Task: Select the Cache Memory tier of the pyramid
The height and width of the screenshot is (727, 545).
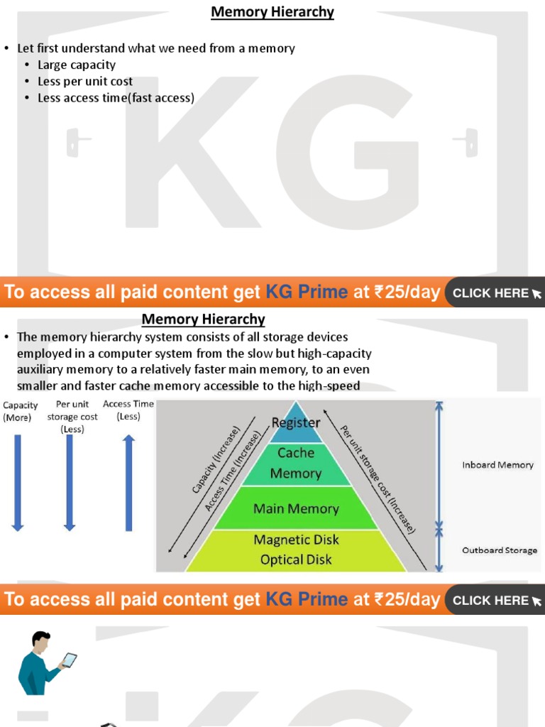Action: [296, 463]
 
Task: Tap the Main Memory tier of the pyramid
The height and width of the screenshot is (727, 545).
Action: [296, 508]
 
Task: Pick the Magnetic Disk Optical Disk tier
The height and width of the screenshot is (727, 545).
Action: [296, 550]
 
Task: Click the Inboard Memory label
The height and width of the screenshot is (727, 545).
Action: [497, 465]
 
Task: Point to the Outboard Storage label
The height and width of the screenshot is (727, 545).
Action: [500, 550]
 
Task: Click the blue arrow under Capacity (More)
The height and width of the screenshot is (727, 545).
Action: [18, 483]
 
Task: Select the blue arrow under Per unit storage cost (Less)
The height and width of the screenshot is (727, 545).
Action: [70, 483]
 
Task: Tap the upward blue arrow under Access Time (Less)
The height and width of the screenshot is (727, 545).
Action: [128, 483]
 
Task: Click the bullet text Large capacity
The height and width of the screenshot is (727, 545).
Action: [77, 65]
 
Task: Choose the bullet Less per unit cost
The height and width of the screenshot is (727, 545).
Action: [85, 82]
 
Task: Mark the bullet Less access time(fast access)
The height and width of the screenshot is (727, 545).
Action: [116, 98]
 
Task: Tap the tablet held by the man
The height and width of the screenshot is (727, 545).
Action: [70, 660]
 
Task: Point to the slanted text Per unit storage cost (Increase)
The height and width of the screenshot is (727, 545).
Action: [377, 479]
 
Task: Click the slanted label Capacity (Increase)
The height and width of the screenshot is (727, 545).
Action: [216, 459]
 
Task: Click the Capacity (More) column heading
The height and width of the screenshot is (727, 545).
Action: [20, 411]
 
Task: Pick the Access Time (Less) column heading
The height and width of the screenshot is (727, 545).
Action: [128, 410]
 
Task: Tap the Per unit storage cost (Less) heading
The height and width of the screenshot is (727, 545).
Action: [72, 417]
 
